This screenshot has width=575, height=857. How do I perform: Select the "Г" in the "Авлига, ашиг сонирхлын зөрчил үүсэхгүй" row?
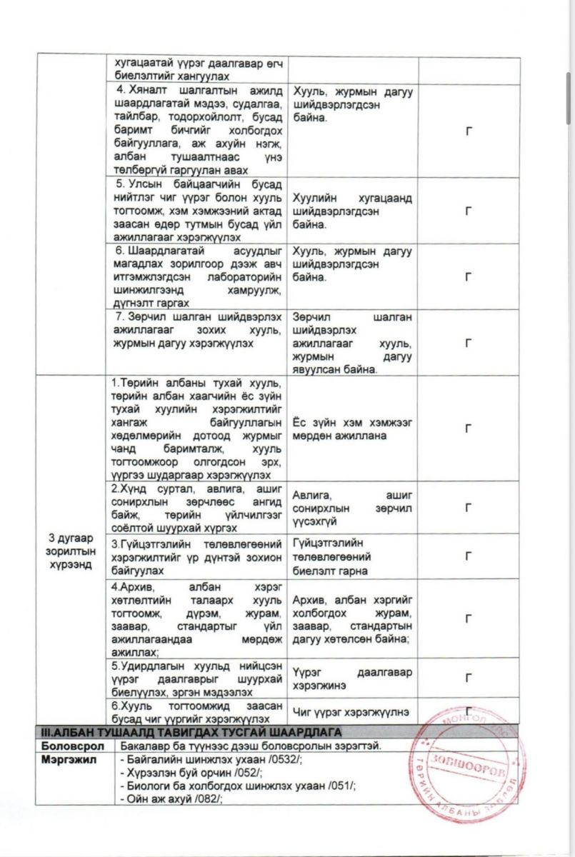[x=469, y=508]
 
